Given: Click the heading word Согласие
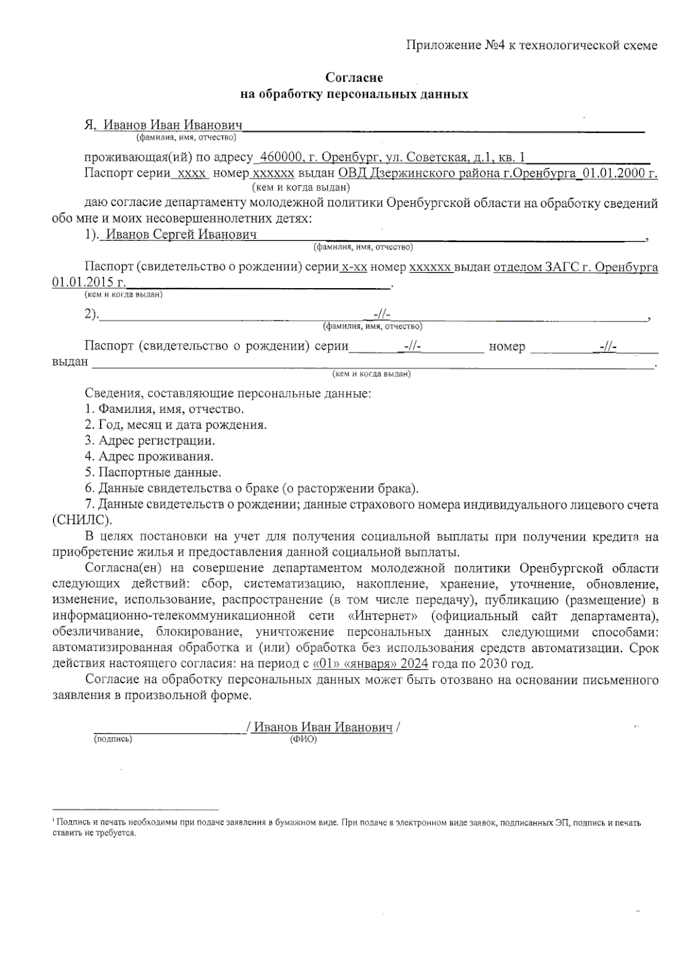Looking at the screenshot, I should click(354, 77).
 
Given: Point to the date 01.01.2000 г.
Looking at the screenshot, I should click(620, 173).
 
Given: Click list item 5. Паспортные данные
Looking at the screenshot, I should click(153, 473).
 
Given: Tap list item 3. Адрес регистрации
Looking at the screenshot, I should click(150, 441).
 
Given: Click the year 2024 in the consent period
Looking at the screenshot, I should click(414, 664).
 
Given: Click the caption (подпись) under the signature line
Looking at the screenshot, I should click(113, 739).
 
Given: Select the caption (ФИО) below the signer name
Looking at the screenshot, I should click(304, 740).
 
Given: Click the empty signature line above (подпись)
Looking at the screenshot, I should click(167, 728).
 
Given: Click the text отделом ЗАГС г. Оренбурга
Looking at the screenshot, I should click(576, 267).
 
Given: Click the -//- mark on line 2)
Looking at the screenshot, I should click(382, 315).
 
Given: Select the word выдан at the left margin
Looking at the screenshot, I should click(70, 362).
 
